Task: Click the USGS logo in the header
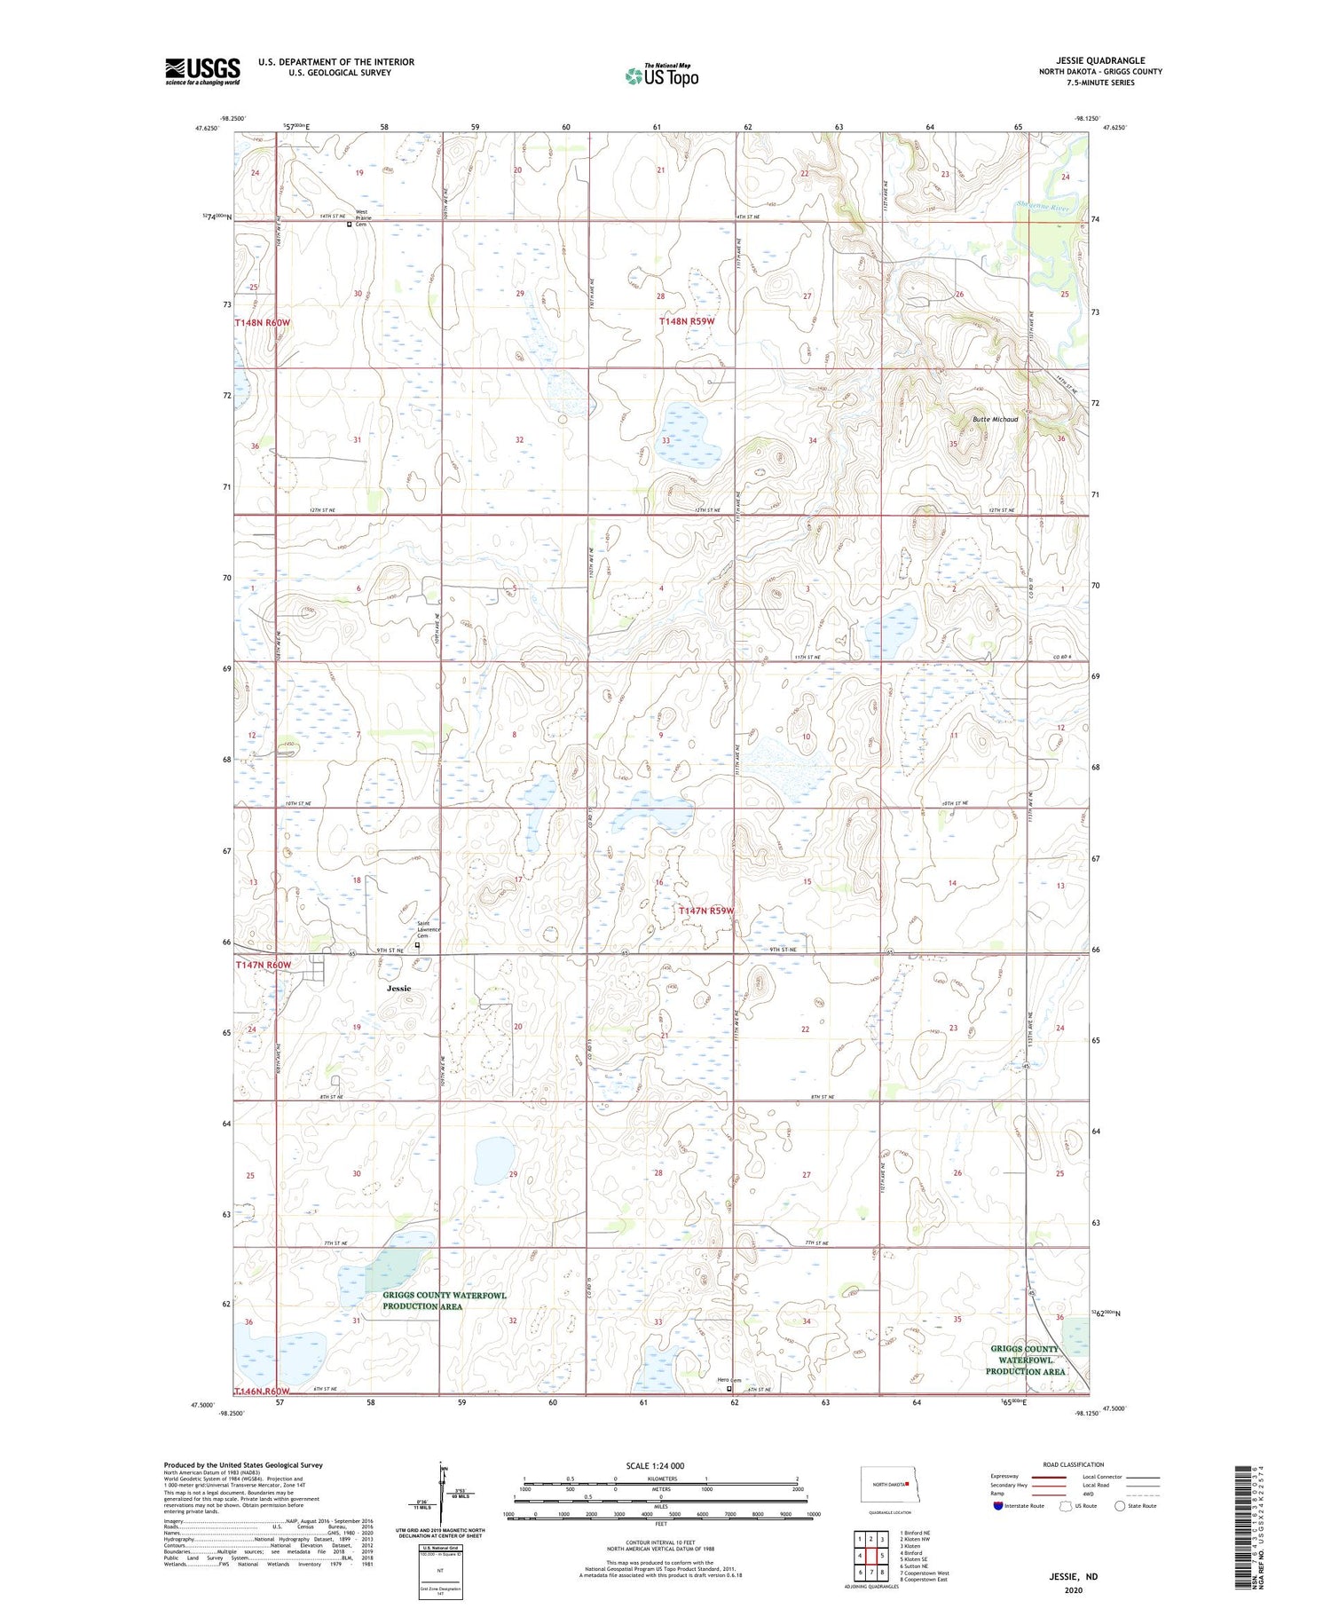[202, 72]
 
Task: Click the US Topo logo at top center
[661, 76]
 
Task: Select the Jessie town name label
[398, 988]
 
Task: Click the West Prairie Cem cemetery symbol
[350, 225]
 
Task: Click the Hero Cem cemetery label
[729, 1379]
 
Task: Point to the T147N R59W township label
[707, 911]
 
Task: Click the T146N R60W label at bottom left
[263, 1391]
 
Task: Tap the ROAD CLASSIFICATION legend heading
[1074, 1464]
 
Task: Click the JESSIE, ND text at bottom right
[1074, 1576]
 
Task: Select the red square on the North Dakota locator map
[907, 1483]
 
